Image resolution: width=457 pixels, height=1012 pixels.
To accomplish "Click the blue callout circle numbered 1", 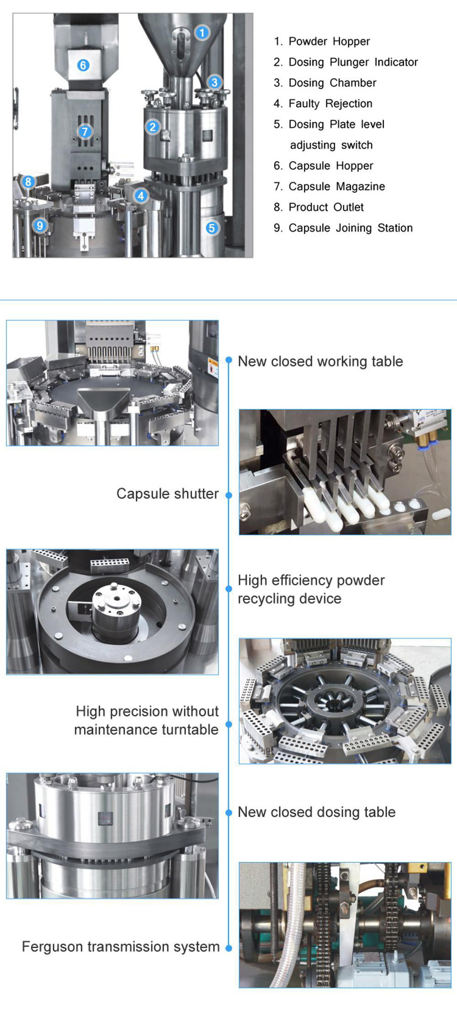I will click(202, 32).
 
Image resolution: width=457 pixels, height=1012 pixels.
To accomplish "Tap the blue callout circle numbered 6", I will click(83, 65).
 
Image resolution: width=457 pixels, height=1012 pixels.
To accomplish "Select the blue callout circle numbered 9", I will click(40, 225).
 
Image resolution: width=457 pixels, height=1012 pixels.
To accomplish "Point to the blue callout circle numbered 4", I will click(141, 196).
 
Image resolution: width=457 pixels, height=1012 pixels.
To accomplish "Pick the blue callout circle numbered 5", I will click(211, 228).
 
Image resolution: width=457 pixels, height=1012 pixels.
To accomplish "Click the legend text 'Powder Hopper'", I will click(329, 42).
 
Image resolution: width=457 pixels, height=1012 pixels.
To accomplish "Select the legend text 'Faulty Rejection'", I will click(330, 104).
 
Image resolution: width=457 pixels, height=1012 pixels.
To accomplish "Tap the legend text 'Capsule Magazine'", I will click(336, 187).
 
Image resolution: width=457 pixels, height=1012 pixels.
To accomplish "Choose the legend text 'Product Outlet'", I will click(326, 207).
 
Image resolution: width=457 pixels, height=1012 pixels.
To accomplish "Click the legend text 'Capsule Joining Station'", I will click(350, 228).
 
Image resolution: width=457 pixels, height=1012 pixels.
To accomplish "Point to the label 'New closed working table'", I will click(320, 361).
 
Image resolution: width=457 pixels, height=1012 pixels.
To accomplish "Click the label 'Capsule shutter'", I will click(167, 494).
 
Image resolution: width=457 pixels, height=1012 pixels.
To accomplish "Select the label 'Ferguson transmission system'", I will click(121, 946).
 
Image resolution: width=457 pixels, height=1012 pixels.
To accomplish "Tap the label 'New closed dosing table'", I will click(316, 812).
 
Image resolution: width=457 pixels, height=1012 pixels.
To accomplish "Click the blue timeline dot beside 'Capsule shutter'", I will click(229, 495).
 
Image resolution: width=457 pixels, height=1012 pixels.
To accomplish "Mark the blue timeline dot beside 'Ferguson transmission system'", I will click(229, 948).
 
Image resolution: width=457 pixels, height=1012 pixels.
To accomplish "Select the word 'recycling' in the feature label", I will click(265, 599).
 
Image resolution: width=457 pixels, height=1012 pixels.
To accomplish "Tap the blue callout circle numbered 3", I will click(214, 82).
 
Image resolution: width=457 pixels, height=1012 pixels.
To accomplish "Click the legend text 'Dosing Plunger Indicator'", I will click(353, 62).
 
